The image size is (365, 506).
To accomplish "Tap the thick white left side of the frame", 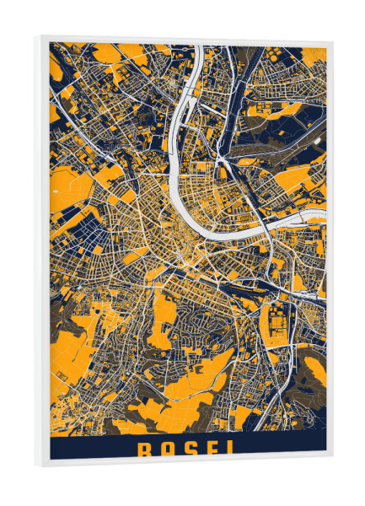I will [x=41, y=253].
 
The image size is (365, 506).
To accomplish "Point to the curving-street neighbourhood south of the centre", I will [x=202, y=325].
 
